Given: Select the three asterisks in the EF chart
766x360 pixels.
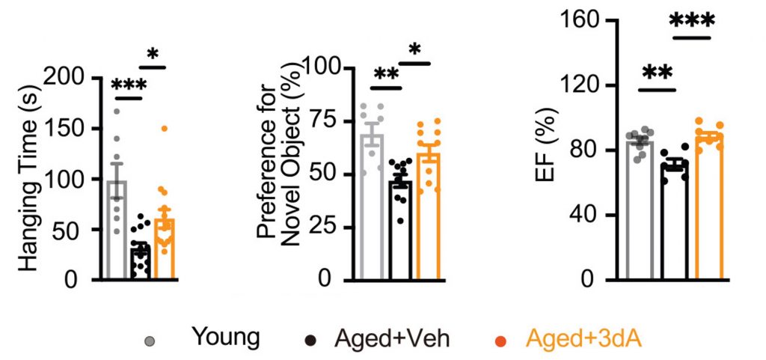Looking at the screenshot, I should tap(692, 22).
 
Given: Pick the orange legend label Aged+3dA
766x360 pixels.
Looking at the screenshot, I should tap(584, 338).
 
